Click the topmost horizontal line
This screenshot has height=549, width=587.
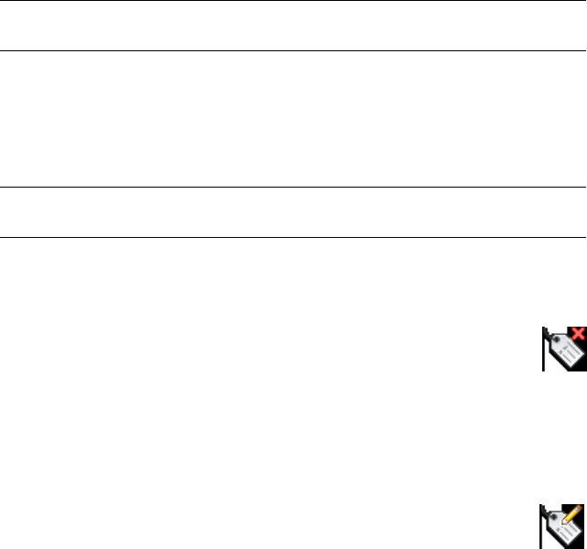click(293, 1)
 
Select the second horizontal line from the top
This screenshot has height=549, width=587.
click(293, 50)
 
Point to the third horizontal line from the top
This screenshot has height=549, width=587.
click(293, 188)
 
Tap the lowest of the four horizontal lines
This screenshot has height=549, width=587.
click(293, 238)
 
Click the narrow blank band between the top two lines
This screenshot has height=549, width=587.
click(293, 26)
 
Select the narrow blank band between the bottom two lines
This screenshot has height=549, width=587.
click(293, 213)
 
